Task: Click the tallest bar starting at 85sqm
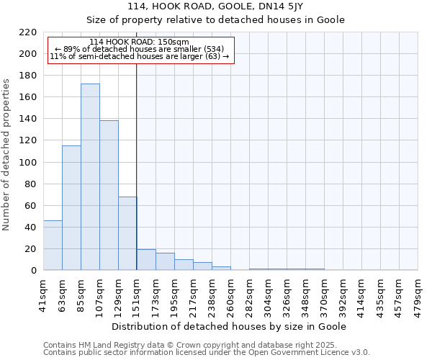click(90, 177)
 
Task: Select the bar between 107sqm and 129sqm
click(109, 195)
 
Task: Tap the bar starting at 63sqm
click(71, 208)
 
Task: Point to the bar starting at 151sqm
click(146, 260)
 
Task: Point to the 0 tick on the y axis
click(33, 271)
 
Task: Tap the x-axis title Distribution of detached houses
click(230, 326)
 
